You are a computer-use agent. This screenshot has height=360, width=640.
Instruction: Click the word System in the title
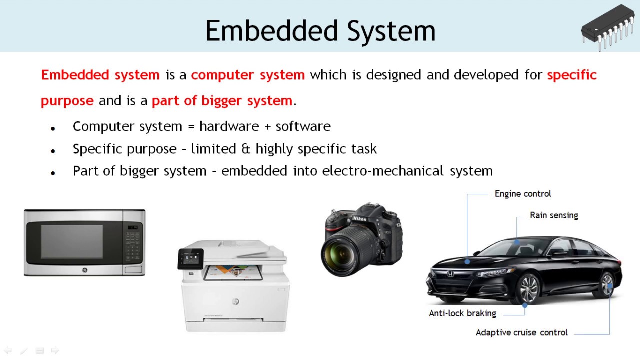[x=391, y=31]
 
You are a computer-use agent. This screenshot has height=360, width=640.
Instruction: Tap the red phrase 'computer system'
[x=248, y=75]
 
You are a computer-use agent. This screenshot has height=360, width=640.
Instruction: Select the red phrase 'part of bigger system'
[x=222, y=100]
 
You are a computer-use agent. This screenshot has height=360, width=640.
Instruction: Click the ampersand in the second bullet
[x=245, y=149]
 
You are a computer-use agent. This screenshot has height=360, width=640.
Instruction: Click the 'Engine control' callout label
[x=523, y=194]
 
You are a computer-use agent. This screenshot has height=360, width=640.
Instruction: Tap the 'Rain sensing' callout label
[x=554, y=215]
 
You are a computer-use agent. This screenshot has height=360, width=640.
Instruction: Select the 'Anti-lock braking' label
[x=462, y=313]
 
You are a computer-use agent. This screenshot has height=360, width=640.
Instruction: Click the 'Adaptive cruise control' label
[x=521, y=332]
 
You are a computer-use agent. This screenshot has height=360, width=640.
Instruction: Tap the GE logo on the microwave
[x=84, y=270]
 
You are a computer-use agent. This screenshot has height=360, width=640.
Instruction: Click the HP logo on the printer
[x=235, y=301]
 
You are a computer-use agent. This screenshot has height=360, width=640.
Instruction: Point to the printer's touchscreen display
[x=192, y=258]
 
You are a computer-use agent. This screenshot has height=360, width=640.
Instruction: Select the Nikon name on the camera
[x=359, y=219]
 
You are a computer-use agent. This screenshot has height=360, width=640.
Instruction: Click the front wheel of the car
[x=528, y=289]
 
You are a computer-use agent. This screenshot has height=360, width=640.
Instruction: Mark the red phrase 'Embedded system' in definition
[x=100, y=75]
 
